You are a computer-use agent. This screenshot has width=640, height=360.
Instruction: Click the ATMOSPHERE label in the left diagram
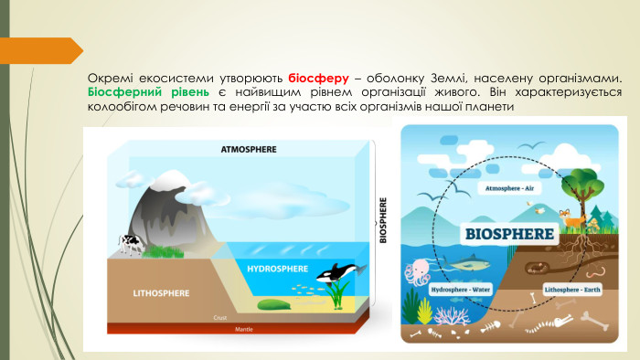248,149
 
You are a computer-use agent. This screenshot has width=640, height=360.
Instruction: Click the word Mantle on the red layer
244,328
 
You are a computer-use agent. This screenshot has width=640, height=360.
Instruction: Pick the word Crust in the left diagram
219,317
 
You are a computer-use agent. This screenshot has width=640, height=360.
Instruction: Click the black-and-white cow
129,242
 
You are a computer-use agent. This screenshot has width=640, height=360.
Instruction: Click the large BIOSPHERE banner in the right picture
510,233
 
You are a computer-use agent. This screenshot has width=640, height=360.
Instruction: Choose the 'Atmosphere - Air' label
509,188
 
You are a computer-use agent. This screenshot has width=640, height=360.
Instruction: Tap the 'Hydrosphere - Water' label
461,290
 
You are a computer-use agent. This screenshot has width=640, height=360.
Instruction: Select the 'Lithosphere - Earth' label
573,290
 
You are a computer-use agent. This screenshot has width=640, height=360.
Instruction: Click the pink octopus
421,271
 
